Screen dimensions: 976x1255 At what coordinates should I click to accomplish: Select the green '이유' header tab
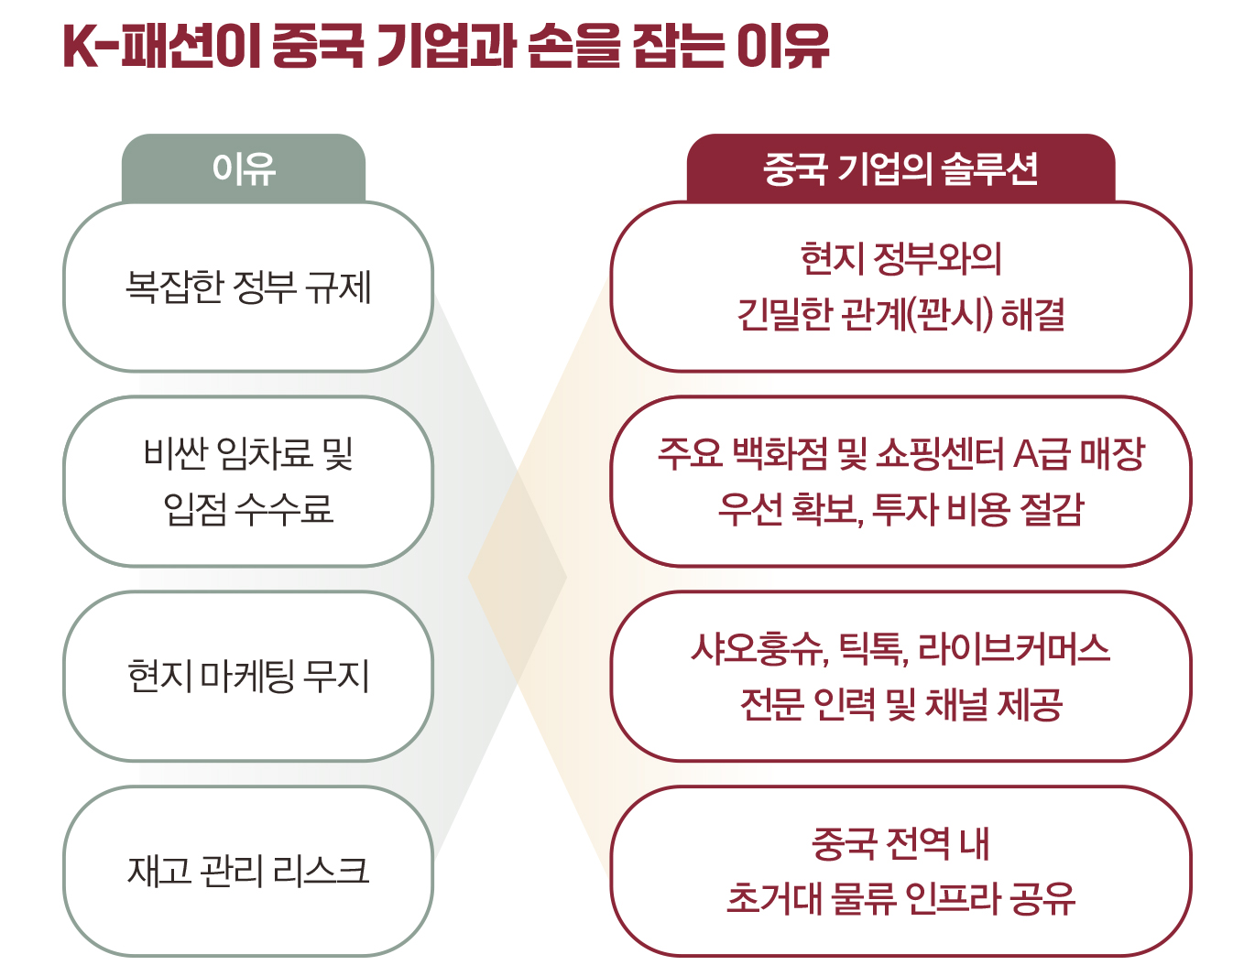point(244,168)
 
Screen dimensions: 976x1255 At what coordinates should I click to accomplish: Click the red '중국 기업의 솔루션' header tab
point(900,168)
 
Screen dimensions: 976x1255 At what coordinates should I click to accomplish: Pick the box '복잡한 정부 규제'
point(248,287)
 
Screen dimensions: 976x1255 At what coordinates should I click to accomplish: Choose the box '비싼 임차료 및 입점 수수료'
point(248,482)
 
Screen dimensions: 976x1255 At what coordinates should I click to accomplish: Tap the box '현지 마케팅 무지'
point(248,677)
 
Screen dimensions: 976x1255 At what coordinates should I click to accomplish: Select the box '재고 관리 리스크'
point(248,871)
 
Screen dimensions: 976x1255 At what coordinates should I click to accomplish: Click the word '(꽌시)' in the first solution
point(949,314)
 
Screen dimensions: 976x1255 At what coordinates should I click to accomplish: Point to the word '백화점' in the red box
point(780,453)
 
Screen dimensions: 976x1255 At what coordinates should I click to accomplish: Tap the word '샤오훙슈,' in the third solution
point(760,649)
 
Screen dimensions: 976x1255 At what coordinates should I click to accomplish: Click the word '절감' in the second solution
point(1054,509)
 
